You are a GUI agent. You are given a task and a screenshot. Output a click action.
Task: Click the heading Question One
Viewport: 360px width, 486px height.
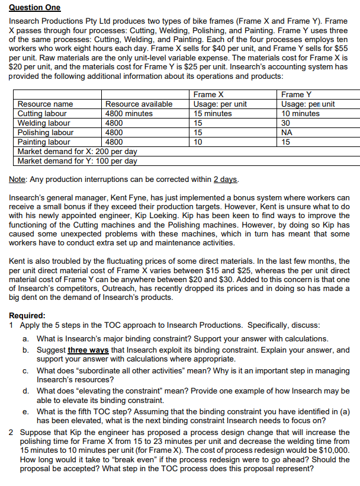[x=34, y=7]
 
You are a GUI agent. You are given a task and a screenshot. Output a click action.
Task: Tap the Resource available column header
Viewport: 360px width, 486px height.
[x=139, y=104]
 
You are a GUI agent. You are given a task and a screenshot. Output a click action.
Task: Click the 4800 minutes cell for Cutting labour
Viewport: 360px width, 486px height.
[x=128, y=114]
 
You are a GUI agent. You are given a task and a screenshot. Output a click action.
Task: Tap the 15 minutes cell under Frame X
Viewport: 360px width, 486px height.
[x=213, y=114]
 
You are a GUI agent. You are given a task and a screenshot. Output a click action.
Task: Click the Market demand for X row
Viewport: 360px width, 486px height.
[x=78, y=152]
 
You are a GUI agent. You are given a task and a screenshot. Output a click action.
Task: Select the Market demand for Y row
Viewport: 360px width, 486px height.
[x=78, y=161]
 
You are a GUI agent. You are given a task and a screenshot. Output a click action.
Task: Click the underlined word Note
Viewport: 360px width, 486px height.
[x=20, y=180]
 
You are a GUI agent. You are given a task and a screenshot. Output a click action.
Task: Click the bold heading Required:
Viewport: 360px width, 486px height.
[x=28, y=316]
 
